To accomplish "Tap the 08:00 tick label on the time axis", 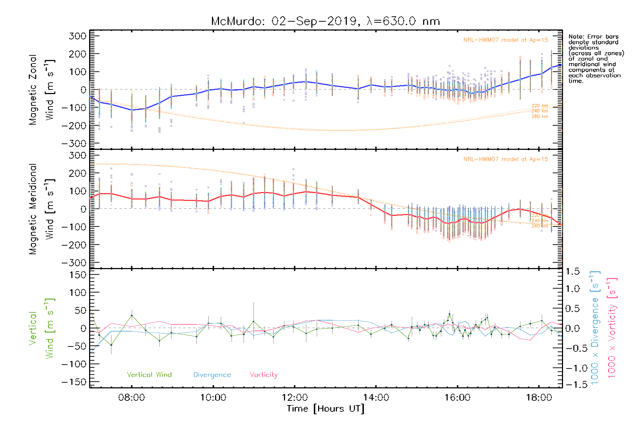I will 131,397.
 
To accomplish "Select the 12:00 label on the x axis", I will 294,397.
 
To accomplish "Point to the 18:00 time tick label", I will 539,397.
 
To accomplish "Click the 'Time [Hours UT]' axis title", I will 326,409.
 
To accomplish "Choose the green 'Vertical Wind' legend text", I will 149,375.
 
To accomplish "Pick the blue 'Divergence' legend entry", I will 212,375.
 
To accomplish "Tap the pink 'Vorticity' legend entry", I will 263,375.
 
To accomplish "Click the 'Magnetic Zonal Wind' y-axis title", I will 42,89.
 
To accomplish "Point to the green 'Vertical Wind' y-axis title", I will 42,328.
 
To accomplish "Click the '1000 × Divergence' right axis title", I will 595,328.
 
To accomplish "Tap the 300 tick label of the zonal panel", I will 77,36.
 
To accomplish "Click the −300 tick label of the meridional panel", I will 74,263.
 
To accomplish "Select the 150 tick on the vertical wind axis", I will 77,275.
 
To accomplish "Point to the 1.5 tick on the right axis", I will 573,272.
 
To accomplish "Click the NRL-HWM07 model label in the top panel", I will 506,40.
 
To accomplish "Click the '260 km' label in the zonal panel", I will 540,116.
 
